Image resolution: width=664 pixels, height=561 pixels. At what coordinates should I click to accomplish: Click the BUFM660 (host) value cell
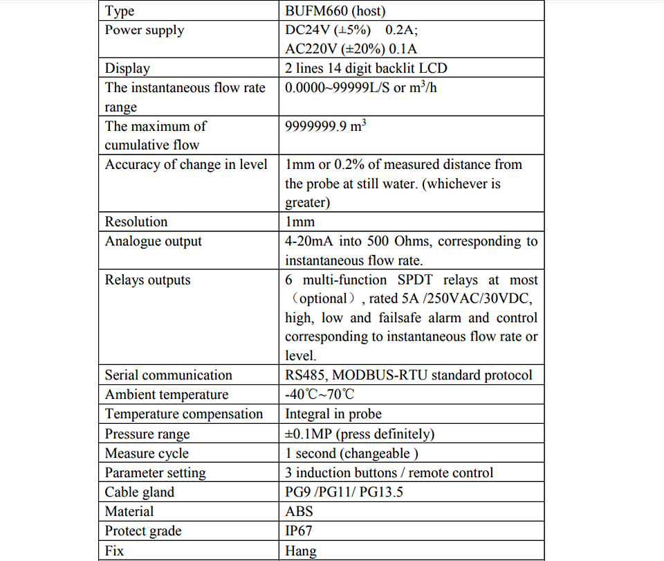tap(335, 11)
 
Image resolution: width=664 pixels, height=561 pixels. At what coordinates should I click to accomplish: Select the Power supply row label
tap(145, 30)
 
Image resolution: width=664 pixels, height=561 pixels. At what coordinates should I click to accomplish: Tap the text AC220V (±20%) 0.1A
tap(351, 49)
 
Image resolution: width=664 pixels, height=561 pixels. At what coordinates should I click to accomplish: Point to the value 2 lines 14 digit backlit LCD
tap(366, 69)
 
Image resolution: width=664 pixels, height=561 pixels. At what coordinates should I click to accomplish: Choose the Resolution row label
tap(136, 222)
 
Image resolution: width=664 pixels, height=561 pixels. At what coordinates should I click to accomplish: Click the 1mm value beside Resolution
tap(300, 222)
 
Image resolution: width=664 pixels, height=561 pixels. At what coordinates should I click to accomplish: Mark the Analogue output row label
tap(154, 242)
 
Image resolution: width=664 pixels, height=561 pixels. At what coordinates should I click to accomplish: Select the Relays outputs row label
tap(147, 280)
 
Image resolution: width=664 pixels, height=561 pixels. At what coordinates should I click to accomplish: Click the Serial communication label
tap(169, 375)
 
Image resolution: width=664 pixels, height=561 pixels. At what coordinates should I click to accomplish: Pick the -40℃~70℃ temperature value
tap(320, 395)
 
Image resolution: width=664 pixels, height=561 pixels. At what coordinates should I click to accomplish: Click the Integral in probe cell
tap(333, 414)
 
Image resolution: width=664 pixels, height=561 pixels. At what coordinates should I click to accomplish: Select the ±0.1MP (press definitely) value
tap(360, 434)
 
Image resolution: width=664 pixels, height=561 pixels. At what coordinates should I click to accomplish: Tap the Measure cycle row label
tap(147, 454)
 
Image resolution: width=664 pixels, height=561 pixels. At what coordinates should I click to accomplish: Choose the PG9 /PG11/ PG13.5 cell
tap(344, 492)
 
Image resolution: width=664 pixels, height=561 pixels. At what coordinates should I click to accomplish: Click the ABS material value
tap(299, 512)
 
